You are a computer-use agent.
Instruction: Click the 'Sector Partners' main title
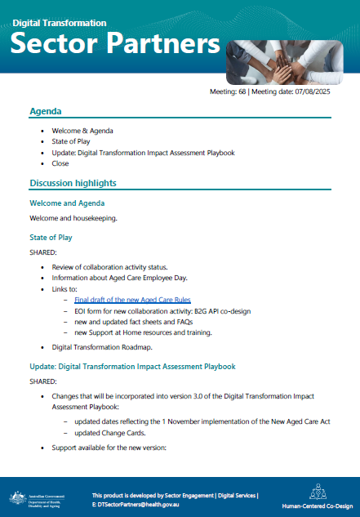[x=118, y=42]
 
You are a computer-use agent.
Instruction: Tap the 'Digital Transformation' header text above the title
[x=60, y=22]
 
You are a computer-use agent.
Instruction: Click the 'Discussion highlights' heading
[x=73, y=182]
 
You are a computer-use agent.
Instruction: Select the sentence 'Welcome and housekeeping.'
[x=73, y=218]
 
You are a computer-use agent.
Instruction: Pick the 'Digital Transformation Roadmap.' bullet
[x=109, y=346]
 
